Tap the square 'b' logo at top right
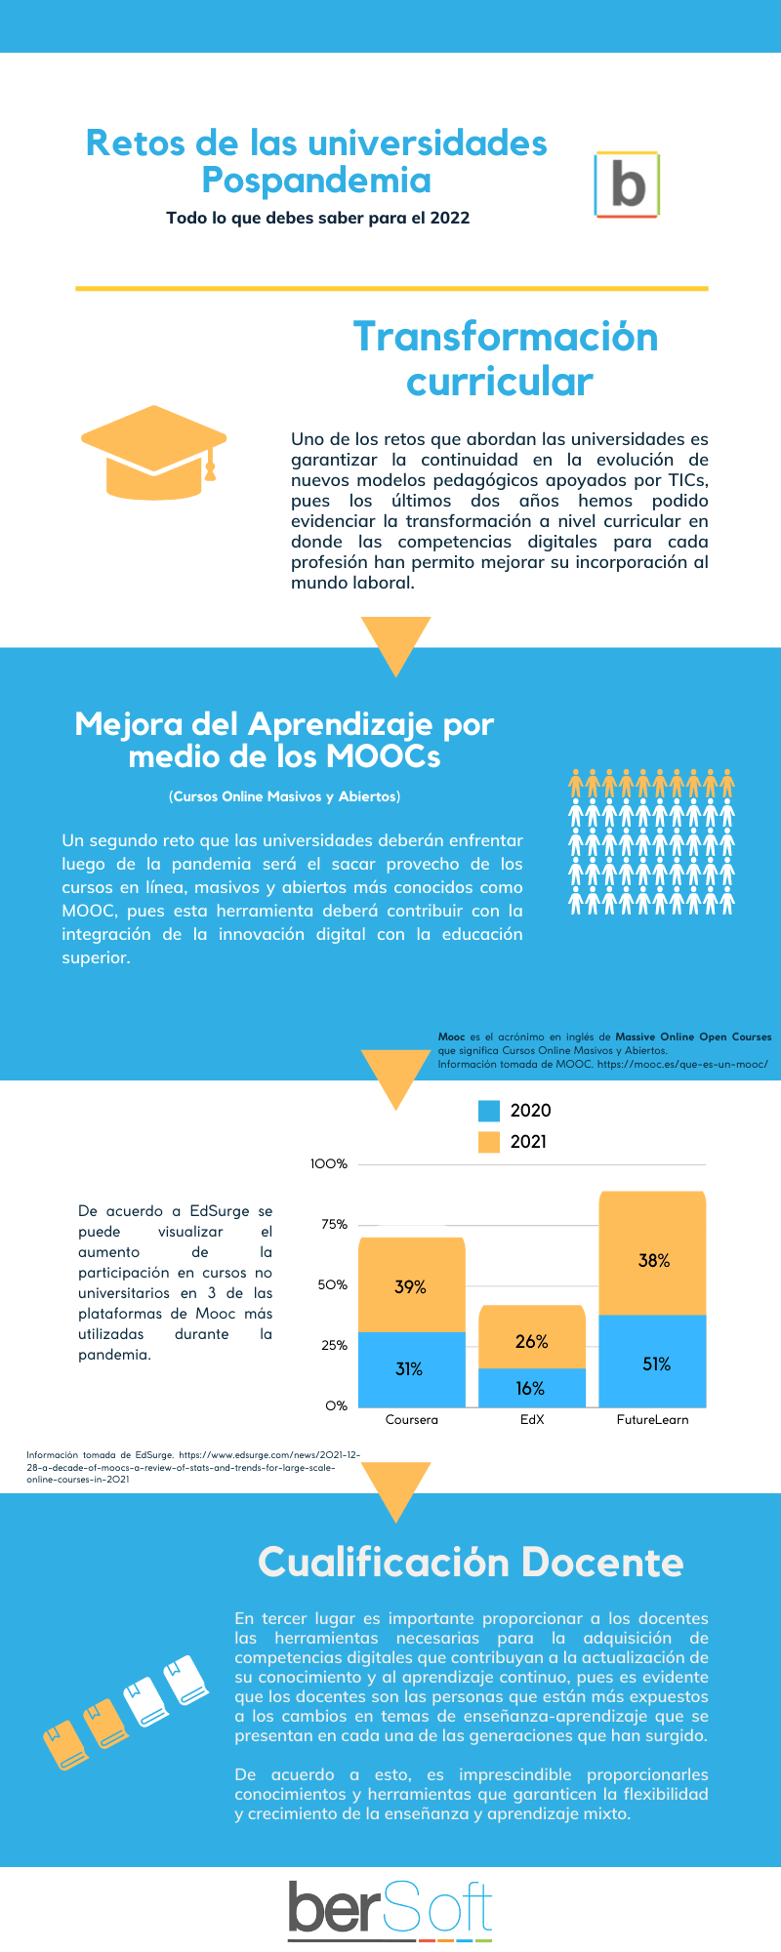(627, 184)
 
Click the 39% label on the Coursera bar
(410, 1287)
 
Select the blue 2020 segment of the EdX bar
(532, 1388)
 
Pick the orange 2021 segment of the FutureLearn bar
(653, 1254)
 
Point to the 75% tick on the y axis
(334, 1225)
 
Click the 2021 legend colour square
(489, 1142)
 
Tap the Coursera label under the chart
(411, 1420)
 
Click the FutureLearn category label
(652, 1420)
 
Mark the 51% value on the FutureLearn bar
(656, 1364)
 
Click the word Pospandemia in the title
(316, 181)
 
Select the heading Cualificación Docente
(471, 1563)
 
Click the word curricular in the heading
(499, 382)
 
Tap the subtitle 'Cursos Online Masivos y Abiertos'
(284, 796)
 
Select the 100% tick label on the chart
(329, 1164)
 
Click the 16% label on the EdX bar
(530, 1389)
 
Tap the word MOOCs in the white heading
(384, 756)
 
